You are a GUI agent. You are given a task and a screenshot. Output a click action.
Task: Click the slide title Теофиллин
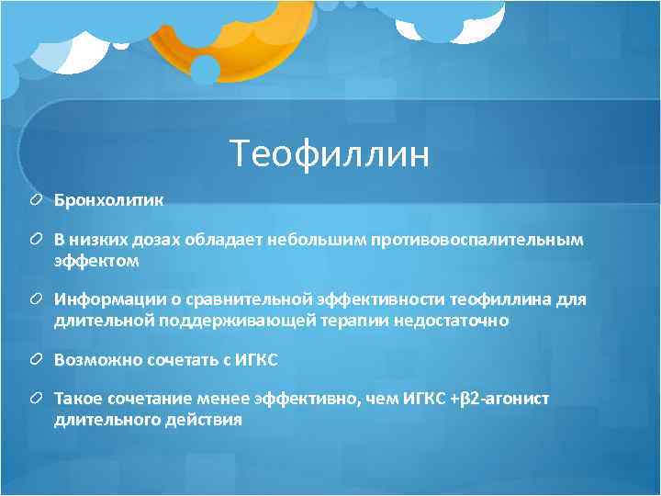330,153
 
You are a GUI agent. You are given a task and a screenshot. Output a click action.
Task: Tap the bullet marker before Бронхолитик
37,198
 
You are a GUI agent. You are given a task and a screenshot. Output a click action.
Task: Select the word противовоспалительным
476,240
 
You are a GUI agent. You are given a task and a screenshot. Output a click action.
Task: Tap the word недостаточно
451,321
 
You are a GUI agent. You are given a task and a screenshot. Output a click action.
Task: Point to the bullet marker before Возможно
37,360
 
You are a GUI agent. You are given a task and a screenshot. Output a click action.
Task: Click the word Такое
76,400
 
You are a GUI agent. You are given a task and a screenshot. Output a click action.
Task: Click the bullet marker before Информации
37,300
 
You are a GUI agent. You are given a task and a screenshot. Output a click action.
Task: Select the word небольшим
317,240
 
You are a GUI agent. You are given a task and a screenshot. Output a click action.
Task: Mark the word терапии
360,321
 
